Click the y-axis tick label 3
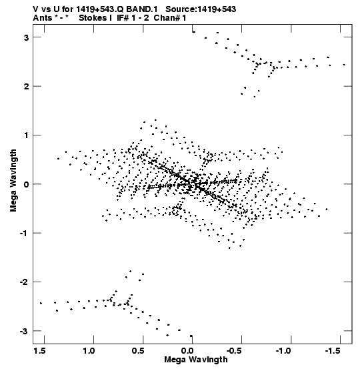coord(26,37)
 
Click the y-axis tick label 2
coord(26,87)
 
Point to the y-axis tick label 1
coord(27,135)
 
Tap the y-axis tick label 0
coord(26,184)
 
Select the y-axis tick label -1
coord(25,234)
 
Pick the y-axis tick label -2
coord(25,282)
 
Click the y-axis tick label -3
coord(25,332)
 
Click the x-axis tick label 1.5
coord(39,351)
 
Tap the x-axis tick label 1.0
coord(89,351)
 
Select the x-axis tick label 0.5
coord(138,351)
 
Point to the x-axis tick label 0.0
coord(187,351)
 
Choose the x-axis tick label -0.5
coord(234,351)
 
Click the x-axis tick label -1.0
coord(283,351)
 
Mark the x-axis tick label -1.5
coord(333,351)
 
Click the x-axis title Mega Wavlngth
coord(196,360)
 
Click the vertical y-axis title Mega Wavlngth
coord(13,180)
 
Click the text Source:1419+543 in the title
coord(201,9)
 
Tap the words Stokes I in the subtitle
coord(95,18)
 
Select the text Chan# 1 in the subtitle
coord(170,18)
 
